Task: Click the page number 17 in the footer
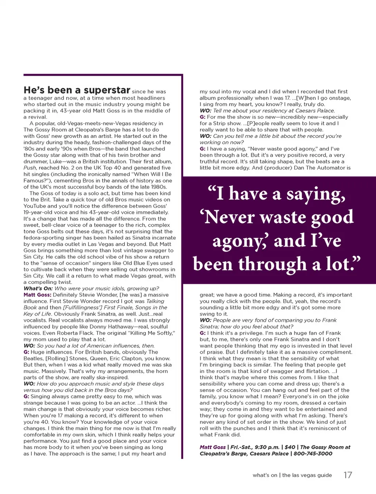(x=347, y=475)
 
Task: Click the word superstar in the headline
(x=107, y=90)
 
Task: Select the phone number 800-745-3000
(x=313, y=453)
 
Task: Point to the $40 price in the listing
(x=290, y=447)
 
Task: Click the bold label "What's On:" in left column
(x=38, y=288)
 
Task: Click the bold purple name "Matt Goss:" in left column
(x=37, y=294)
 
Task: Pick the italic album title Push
(x=29, y=167)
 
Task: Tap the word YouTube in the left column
(x=34, y=206)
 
